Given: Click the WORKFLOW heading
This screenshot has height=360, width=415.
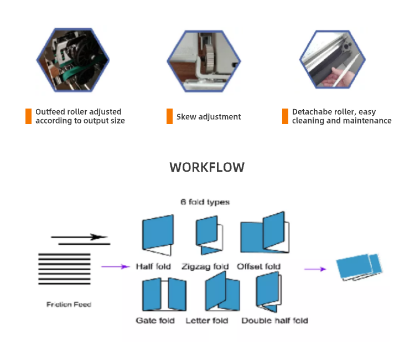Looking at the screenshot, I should (207, 167).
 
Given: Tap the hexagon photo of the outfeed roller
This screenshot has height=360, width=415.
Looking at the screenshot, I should (73, 58).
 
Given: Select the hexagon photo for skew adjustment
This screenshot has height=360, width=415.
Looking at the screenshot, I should (204, 58).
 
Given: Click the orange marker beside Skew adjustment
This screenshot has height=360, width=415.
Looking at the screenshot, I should (169, 116).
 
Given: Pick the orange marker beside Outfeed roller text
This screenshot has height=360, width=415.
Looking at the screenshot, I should (28, 116).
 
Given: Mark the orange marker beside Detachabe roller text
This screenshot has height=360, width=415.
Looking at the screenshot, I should (285, 116).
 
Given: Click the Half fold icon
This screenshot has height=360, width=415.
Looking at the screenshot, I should (158, 235).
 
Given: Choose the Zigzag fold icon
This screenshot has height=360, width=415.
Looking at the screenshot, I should (209, 235).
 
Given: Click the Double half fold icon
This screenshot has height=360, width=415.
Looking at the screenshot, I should (268, 292).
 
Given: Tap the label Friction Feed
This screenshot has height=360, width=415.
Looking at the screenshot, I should (69, 304).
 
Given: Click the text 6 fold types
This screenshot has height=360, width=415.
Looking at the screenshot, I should (205, 202).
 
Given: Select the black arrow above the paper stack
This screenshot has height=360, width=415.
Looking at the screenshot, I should (80, 238).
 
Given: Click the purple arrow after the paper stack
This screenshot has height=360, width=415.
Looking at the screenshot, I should (115, 267).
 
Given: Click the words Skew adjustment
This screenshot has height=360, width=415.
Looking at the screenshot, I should (209, 117).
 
